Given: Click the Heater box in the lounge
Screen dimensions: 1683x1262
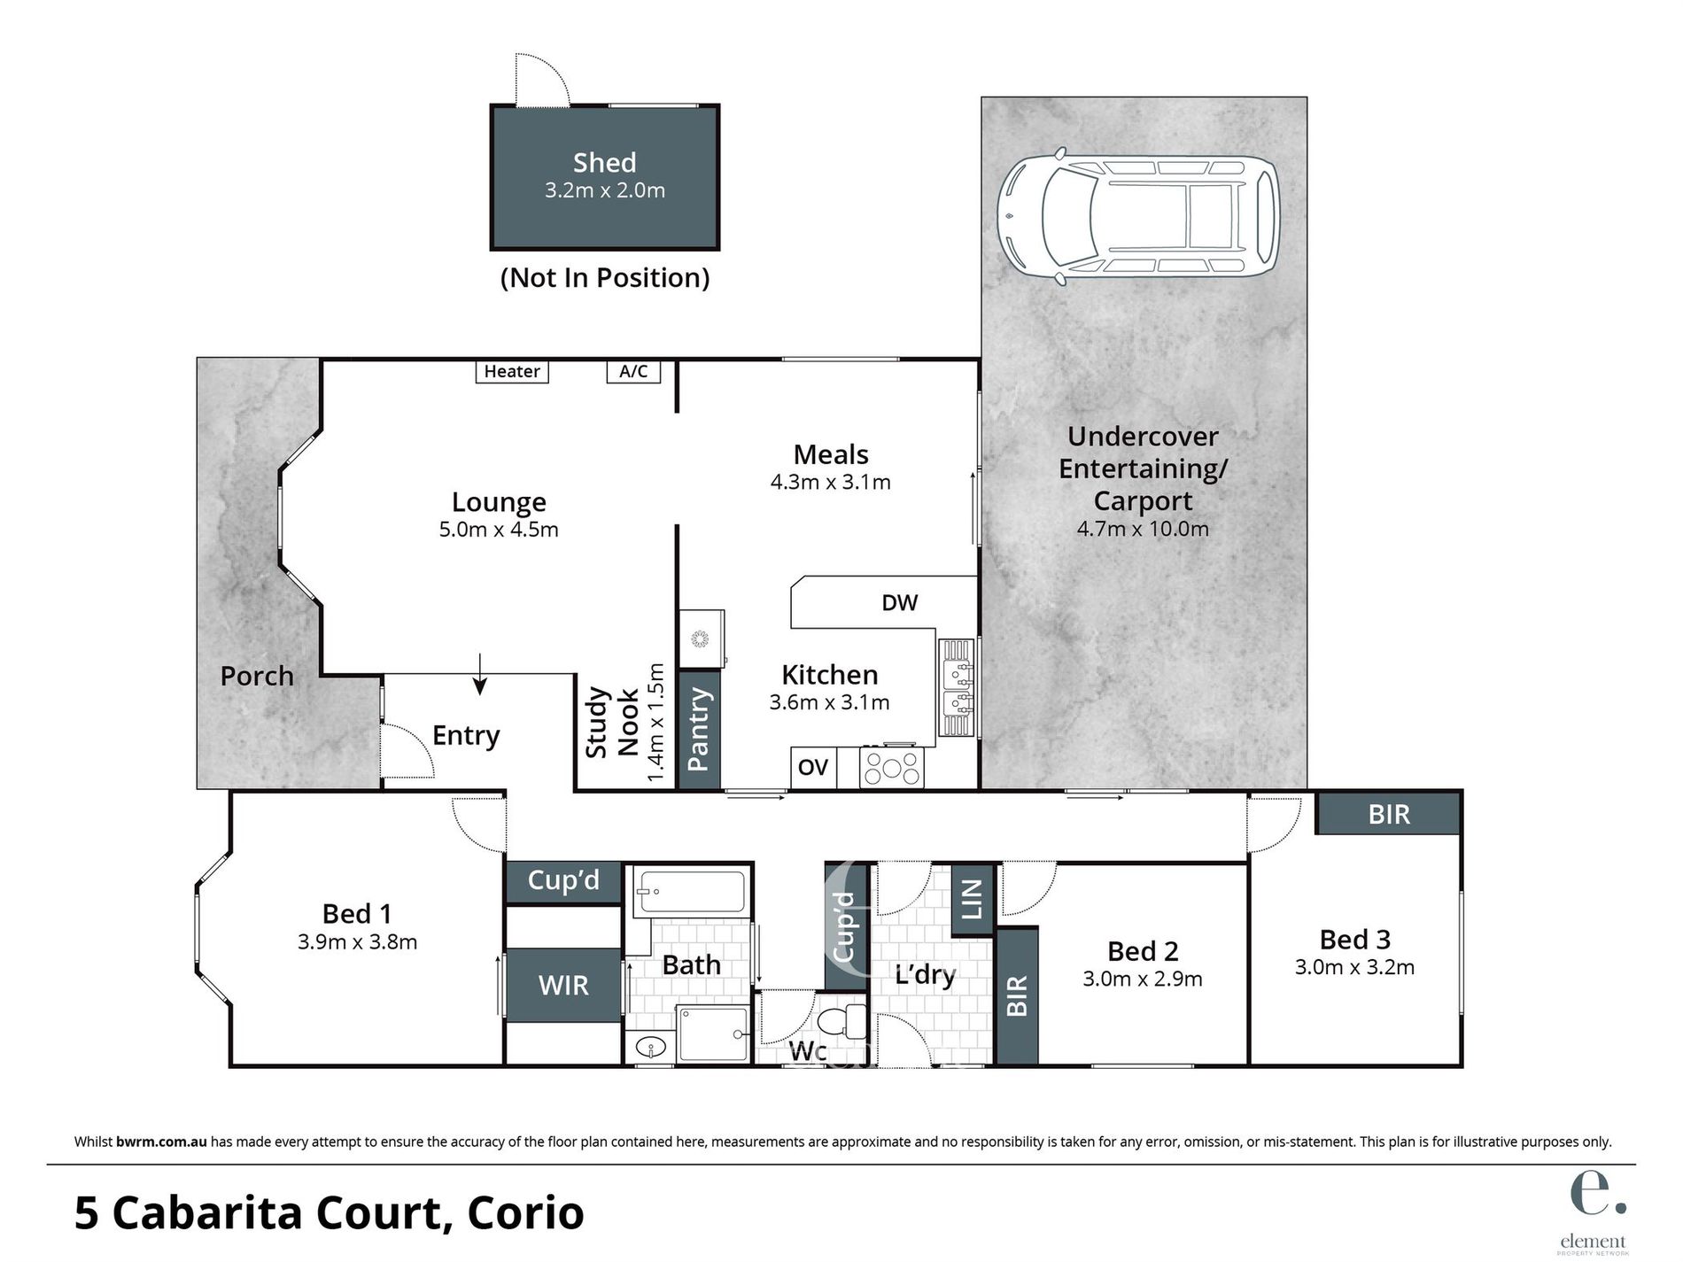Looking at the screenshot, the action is (512, 371).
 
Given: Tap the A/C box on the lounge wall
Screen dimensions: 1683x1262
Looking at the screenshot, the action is (633, 371).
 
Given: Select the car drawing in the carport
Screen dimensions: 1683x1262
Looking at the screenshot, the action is (1138, 215).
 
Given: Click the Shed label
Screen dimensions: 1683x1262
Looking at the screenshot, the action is (604, 163).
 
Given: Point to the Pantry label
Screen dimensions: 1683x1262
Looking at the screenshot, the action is (699, 729).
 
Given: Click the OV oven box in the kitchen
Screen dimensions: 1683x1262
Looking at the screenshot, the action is (813, 766).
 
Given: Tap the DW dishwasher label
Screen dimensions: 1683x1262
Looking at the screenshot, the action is (900, 603).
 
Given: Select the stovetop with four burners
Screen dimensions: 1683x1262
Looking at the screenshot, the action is (892, 767).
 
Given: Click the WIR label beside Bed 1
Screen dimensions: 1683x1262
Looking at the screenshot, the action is (563, 985).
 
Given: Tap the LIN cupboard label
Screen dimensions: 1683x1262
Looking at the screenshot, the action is (973, 899).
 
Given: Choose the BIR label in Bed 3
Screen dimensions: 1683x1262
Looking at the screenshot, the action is (1388, 814).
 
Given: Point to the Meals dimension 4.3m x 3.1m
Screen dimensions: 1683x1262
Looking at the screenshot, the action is (830, 482).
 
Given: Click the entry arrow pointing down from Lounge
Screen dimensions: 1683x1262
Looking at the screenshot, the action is (480, 674).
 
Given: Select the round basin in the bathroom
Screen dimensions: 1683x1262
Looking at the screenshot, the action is (651, 1049).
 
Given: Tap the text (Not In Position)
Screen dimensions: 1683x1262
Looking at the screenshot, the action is (605, 278).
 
